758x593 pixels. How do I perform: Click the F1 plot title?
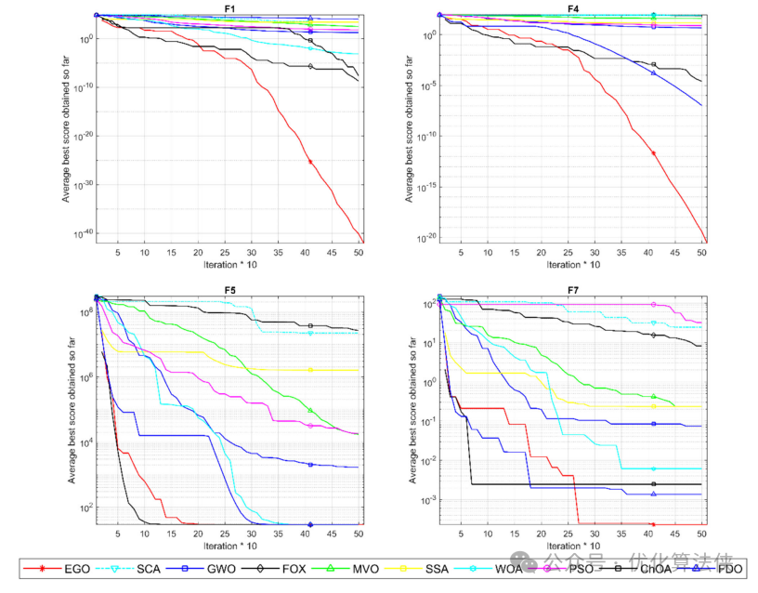pos(229,8)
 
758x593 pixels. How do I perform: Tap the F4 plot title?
pos(573,8)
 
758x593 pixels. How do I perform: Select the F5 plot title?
pos(229,290)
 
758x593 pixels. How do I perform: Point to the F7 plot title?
pos(573,290)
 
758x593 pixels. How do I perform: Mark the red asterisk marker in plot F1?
pos(310,162)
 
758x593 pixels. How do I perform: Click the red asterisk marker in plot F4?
pos(654,152)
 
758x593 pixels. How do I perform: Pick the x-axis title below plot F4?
pos(573,264)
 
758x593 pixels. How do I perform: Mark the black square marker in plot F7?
pos(654,484)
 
